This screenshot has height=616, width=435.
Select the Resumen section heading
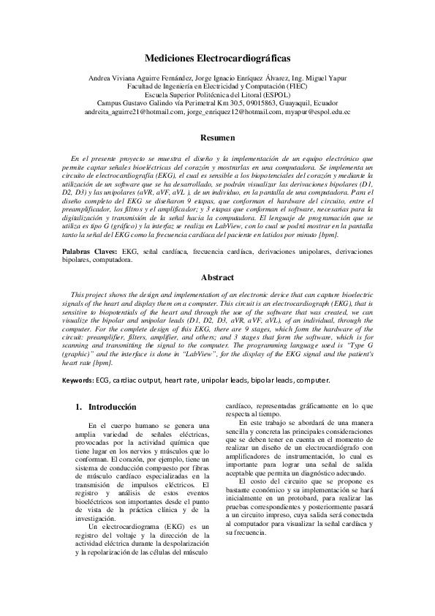[217, 138]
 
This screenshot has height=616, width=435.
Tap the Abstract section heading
[217, 278]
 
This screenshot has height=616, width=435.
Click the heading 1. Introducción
[107, 407]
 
